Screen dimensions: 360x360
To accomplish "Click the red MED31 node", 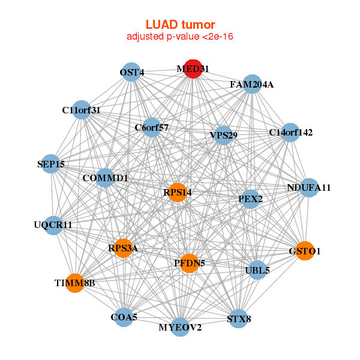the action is pos(193,69).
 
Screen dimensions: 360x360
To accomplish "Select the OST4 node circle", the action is pos(131,73).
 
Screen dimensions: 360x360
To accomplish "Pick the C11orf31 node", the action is pos(82,110).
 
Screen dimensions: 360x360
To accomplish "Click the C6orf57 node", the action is pos(152,127).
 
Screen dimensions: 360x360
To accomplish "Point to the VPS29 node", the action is pos(223,135).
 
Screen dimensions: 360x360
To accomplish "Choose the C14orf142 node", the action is pos(290,133).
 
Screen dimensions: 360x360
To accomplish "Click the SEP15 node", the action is pos(51,164).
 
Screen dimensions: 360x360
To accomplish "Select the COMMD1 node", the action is pos(105,178).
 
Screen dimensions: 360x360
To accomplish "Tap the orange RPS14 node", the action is pos(177,193).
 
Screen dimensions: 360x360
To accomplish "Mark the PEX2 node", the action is pos(250,199).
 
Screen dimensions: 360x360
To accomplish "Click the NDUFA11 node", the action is pos(308,188).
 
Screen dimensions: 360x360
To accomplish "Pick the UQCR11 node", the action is pos(53,225).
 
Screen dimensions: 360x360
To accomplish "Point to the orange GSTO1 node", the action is pos(305,251).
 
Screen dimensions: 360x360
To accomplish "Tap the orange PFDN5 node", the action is pos(189,263).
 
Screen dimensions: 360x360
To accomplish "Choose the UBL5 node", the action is pos(257,270).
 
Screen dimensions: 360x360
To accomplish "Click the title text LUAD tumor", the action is pos(180,25).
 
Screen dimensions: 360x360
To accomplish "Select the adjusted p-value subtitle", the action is pos(180,37).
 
